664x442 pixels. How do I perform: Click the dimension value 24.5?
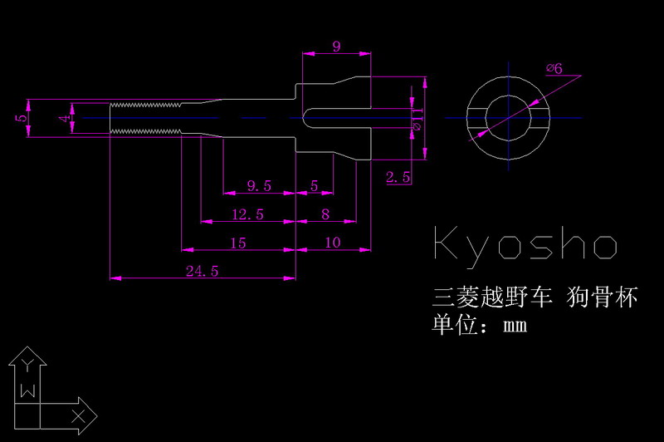click(x=202, y=270)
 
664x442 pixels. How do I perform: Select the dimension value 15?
click(x=238, y=243)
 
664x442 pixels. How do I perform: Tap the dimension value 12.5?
click(x=247, y=214)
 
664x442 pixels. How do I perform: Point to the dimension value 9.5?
click(x=259, y=185)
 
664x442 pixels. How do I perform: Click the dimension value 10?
click(x=332, y=243)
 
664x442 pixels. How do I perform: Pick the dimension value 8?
click(x=325, y=214)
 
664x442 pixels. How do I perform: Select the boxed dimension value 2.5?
click(x=399, y=176)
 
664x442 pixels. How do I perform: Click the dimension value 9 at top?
click(x=336, y=47)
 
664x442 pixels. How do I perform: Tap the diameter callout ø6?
click(x=554, y=69)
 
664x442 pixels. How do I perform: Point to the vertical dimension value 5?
click(x=20, y=118)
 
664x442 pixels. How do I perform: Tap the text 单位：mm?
click(x=480, y=325)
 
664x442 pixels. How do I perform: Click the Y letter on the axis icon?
click(x=28, y=364)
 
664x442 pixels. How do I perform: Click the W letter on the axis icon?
click(x=28, y=390)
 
